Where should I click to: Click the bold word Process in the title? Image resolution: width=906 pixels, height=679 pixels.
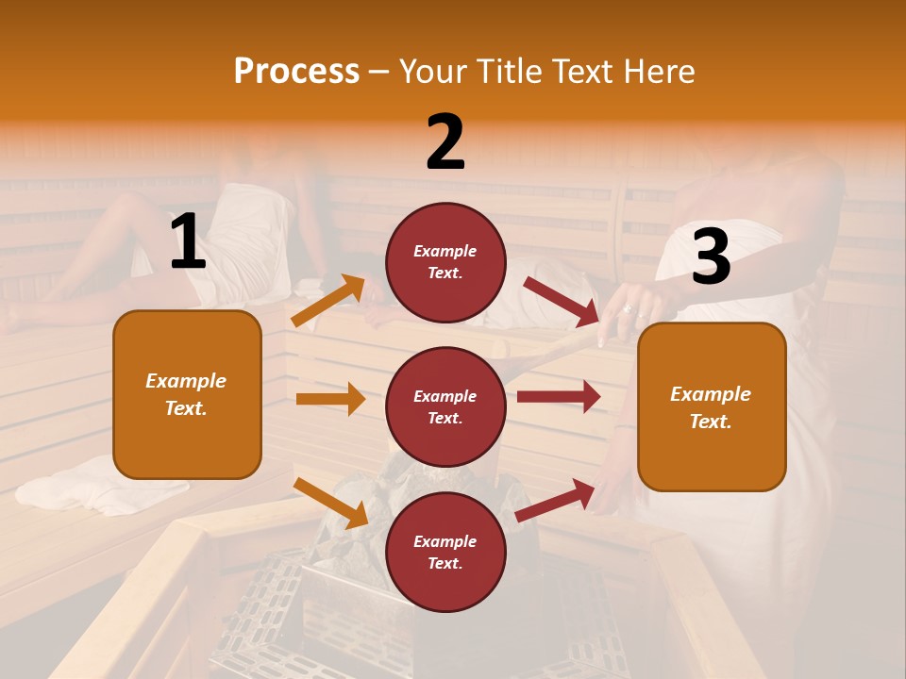coord(296,71)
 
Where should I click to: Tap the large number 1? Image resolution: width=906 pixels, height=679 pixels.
coord(188,242)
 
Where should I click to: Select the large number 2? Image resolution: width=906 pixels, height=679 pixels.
coord(445,142)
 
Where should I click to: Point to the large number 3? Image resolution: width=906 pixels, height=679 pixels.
coord(711,257)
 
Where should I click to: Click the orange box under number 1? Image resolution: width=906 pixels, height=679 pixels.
coord(187,394)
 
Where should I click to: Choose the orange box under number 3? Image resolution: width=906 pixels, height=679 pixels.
coord(712,406)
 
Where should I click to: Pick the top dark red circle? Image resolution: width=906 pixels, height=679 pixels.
coord(445,262)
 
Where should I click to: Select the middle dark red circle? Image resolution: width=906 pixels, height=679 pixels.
coord(445,406)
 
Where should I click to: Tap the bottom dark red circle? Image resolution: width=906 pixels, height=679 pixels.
coord(445,552)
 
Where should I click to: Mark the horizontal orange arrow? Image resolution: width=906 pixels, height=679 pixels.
coord(330,399)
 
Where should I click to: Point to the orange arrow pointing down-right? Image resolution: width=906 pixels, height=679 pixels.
coord(330,503)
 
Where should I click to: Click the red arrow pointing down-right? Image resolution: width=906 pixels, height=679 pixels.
coord(561,301)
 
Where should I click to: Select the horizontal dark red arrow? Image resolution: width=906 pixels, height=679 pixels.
coord(558,396)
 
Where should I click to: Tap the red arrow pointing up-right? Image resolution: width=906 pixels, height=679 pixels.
coord(556,500)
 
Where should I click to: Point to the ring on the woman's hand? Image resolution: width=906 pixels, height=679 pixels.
coord(628,308)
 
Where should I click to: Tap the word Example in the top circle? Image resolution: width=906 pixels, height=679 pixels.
coord(445,252)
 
